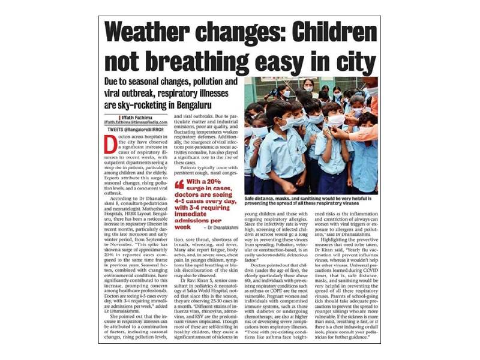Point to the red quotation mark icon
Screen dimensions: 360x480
coord(179,184)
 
